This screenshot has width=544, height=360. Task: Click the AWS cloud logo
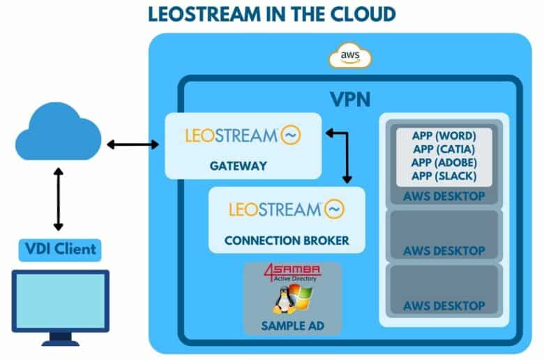click(x=350, y=56)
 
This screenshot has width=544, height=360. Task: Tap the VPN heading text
click(x=350, y=99)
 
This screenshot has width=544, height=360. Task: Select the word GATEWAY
click(x=239, y=166)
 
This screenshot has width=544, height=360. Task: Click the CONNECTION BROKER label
click(x=287, y=240)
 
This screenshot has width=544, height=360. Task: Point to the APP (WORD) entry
click(x=444, y=136)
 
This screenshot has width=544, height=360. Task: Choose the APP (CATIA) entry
click(x=444, y=149)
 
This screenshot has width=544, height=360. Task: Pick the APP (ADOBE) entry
click(x=444, y=163)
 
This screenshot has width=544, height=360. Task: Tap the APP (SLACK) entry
click(x=444, y=176)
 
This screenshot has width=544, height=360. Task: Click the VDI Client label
click(x=61, y=249)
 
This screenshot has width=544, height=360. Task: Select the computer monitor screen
click(x=61, y=301)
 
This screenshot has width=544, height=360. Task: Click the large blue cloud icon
click(x=59, y=131)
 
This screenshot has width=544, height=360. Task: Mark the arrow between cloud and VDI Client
click(x=59, y=200)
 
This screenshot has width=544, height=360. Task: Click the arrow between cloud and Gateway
click(x=133, y=144)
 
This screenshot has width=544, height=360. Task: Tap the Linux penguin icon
click(x=283, y=301)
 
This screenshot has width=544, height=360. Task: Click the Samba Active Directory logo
click(x=292, y=273)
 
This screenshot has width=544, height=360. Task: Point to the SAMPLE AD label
click(x=292, y=326)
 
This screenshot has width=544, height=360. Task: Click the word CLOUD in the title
click(x=363, y=15)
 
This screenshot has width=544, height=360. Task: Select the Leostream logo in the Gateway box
click(x=243, y=135)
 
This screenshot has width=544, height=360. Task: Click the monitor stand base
click(x=61, y=343)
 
